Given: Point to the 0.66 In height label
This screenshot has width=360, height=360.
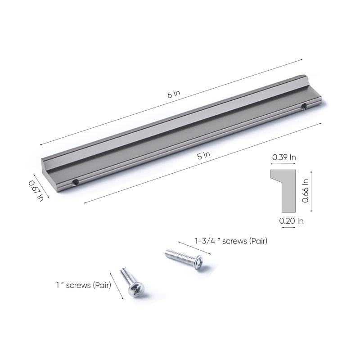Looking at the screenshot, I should [306, 191].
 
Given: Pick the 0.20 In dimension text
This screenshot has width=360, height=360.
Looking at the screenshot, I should [291, 221].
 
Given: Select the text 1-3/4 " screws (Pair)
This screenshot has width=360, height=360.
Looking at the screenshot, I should [231, 241].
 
